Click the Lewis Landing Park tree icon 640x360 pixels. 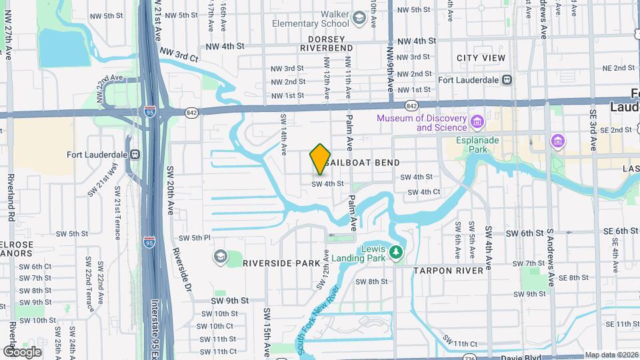[x=397, y=252]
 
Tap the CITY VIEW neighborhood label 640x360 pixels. [x=481, y=59]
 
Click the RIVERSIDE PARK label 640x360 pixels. [x=281, y=263]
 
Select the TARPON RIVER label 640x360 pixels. [x=448, y=271]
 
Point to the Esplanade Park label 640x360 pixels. [x=477, y=145]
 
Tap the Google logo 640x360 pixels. [x=22, y=351]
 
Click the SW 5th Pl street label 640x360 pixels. [x=195, y=238]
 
